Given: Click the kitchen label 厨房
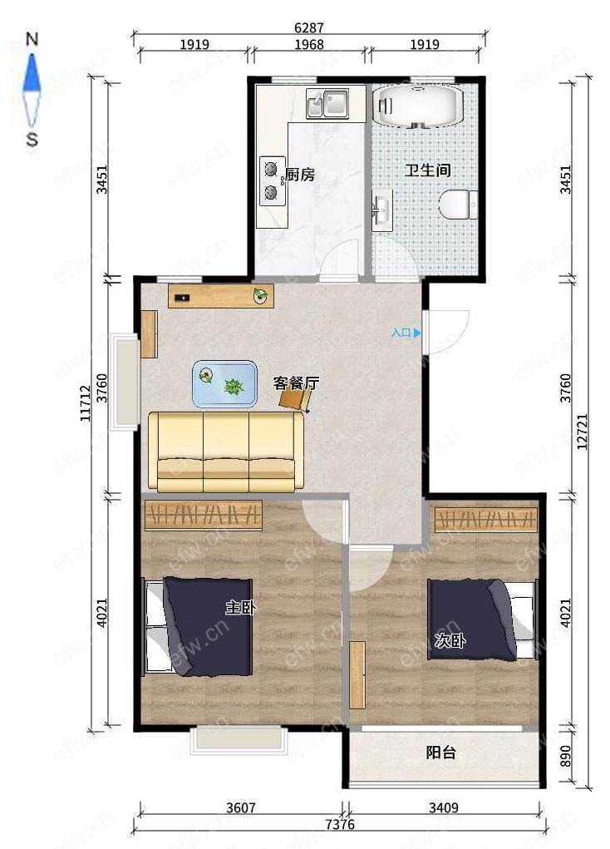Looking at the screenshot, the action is coord(299,175).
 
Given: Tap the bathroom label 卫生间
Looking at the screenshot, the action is coord(428,170).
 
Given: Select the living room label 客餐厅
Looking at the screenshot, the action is coord(296,383).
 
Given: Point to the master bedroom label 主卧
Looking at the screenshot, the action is coord(241,608).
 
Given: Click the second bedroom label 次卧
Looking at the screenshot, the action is coord(450,641).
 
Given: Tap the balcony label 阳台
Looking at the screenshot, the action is coord(441,752).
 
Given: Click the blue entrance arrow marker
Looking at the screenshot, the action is coord(417,333).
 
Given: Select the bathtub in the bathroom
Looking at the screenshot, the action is coord(417,106).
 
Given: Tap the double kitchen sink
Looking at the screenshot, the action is coord(328,103).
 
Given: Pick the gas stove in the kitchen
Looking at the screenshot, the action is coord(273,180).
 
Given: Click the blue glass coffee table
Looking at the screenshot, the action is coord(224,383).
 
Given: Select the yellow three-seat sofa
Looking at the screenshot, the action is coord(226,452).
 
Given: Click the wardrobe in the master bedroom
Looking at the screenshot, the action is coord(204,515).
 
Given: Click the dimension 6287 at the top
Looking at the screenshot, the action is coord(309,27).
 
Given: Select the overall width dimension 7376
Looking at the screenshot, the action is coord(341,825).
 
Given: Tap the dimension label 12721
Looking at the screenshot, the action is coord(582,432).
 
